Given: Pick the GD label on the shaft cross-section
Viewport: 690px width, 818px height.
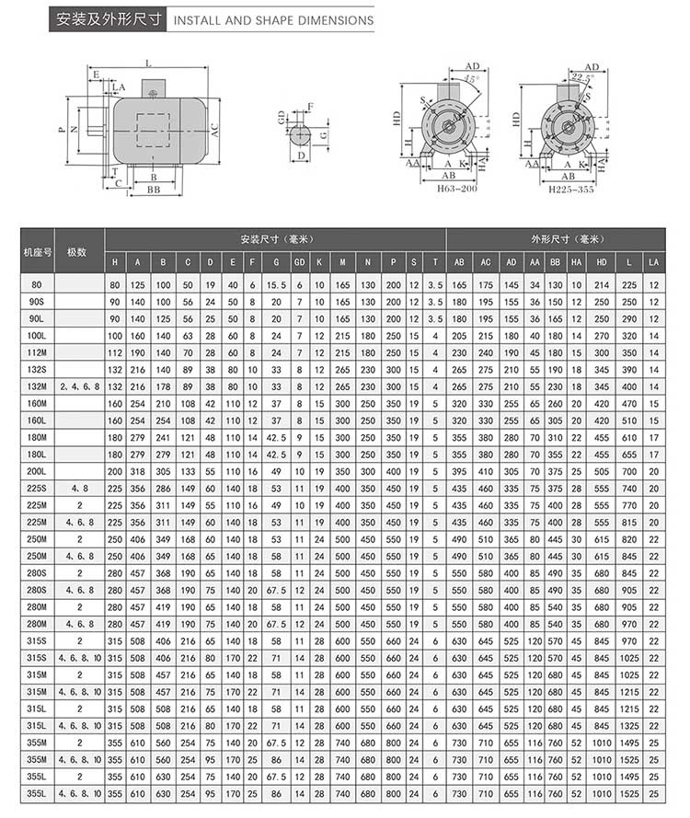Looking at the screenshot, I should [x=282, y=118].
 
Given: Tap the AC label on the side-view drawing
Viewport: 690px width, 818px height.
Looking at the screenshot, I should [x=214, y=130].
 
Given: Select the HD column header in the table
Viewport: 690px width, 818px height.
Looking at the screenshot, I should [x=602, y=262].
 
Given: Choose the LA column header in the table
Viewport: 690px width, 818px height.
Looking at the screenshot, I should [x=654, y=262].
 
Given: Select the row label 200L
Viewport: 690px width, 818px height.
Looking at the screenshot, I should [x=37, y=471].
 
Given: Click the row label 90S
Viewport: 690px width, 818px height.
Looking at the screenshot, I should [x=37, y=302].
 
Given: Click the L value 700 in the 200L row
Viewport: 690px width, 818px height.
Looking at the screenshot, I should [x=629, y=471].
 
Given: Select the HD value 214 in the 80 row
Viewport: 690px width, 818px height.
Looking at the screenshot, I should [x=602, y=285].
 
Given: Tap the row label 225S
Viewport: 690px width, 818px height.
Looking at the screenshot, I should [x=37, y=488].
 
